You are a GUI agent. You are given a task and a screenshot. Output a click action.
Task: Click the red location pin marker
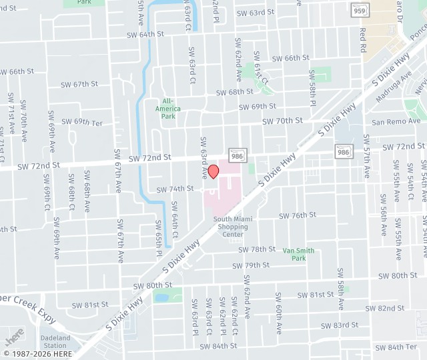click(x=213, y=171)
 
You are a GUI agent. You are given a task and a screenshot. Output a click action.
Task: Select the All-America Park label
click(x=168, y=109)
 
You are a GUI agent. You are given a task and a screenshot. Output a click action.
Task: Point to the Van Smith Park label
click(x=298, y=254)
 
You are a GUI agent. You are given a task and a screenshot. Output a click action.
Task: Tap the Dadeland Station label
click(x=55, y=342)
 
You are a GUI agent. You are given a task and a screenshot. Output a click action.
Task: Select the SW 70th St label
click(x=282, y=121)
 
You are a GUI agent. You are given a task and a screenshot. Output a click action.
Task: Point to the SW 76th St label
click(x=298, y=215)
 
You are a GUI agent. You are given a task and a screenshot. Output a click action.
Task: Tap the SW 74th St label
click(x=175, y=189)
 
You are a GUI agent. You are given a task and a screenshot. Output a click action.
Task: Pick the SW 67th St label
click(x=79, y=84)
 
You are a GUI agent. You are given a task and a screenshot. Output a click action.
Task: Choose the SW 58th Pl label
click(x=312, y=88)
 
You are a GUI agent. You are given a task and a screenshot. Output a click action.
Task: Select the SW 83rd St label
click(x=339, y=325)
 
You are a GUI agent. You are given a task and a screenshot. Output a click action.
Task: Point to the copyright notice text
click(x=38, y=353)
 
